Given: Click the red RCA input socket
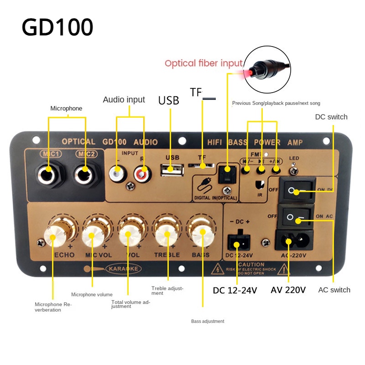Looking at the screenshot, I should click(142, 173).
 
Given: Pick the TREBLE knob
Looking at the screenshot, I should click(166, 234).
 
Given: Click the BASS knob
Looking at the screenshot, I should click(202, 234).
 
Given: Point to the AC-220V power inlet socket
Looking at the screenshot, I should click(289, 241).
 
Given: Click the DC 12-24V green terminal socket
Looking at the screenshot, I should click(236, 242).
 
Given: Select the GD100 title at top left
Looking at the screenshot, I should click(57, 27).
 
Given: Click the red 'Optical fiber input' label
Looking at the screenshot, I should click(203, 63).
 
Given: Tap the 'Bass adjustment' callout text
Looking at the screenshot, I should click(208, 321).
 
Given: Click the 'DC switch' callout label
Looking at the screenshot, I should click(331, 117).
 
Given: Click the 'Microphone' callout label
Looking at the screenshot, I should click(66, 108).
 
